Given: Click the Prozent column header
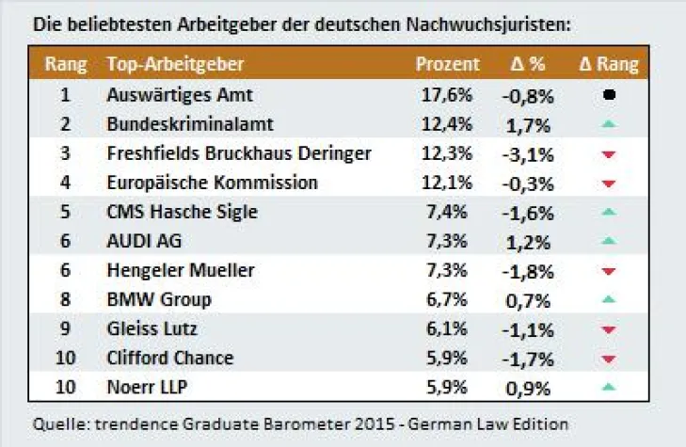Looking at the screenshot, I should point(447,65).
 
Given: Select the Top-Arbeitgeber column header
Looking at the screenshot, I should point(176,65).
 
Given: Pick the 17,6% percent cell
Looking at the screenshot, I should point(446,95).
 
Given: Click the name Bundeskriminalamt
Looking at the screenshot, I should point(178,124).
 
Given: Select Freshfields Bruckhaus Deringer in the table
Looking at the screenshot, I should point(239,153).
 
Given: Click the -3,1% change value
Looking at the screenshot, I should point(527,153).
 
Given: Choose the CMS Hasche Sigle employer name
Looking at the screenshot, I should point(183,212).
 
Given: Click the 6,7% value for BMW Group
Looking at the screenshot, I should point(446,299).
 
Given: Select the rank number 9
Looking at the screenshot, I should point(65,328).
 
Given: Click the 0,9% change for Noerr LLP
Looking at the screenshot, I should point(527,387).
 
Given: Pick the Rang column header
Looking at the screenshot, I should point(66,65).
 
